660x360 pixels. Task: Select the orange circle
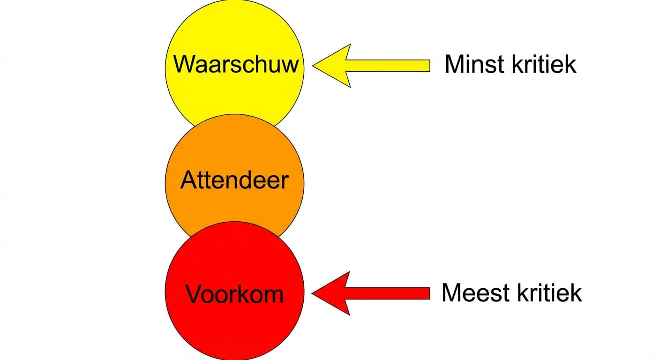[x=234, y=150]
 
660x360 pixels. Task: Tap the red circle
[x=234, y=323]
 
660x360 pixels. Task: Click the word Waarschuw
[x=236, y=64]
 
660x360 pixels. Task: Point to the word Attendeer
[x=234, y=180]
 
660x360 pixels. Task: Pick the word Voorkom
[x=234, y=294]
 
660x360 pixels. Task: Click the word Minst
[x=471, y=64]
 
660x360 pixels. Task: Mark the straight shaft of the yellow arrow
[x=389, y=66]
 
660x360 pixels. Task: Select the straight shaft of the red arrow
[x=389, y=293]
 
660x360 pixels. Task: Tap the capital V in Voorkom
[x=194, y=294]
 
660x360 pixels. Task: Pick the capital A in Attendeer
[x=188, y=180]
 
